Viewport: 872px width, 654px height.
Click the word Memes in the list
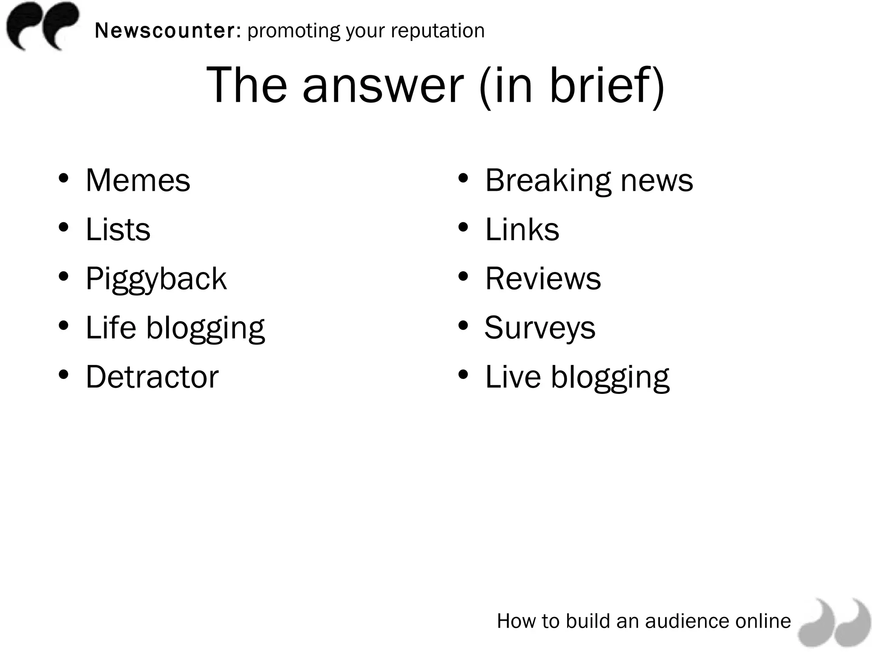tap(138, 181)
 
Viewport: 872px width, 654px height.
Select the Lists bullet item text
tap(118, 229)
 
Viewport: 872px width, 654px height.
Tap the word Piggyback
tap(156, 279)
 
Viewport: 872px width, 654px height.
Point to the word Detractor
tap(152, 377)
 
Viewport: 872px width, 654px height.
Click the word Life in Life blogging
tap(111, 328)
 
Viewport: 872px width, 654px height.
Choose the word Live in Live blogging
tap(513, 377)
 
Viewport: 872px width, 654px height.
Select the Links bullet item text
tap(522, 229)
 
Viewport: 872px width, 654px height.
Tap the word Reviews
tap(543, 279)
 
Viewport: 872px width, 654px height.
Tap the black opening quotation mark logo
tap(43, 26)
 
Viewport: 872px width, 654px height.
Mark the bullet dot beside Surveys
tap(463, 326)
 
